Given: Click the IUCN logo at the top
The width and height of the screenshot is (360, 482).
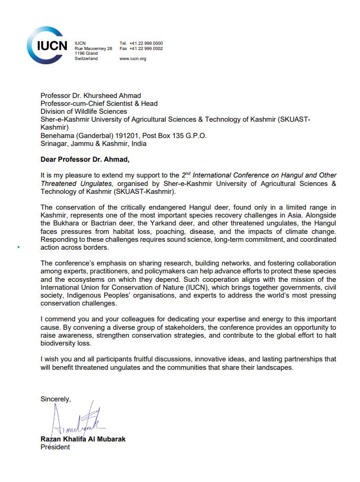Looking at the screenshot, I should point(47,44).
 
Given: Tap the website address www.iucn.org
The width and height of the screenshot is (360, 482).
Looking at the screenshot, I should point(133,58).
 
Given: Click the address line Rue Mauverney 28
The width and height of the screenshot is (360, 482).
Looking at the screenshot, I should point(93,48).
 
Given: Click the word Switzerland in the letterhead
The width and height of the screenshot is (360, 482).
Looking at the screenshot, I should point(86,58).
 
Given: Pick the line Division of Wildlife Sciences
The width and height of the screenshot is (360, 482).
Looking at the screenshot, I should point(84,112).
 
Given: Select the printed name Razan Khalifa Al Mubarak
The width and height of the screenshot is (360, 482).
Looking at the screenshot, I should point(83,439).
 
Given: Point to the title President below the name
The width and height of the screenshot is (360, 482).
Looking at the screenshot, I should point(55,447).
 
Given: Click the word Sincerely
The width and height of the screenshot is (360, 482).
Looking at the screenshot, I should point(55,399).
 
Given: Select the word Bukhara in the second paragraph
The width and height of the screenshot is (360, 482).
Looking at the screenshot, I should point(67,224).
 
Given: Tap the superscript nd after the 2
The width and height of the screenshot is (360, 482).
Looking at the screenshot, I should point(187,173).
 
